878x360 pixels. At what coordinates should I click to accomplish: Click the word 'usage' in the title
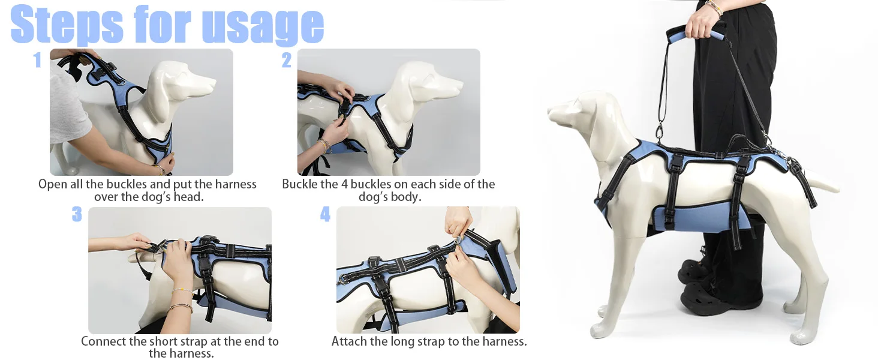(x=263, y=25)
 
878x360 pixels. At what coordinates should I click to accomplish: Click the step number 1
(x=37, y=60)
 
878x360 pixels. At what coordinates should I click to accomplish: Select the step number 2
(x=287, y=60)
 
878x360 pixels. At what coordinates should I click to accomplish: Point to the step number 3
(x=77, y=214)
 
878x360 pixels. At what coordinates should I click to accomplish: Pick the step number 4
(x=325, y=214)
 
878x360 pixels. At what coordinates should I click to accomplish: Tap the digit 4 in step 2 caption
(x=344, y=184)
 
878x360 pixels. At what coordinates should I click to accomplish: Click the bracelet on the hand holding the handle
(x=714, y=8)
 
